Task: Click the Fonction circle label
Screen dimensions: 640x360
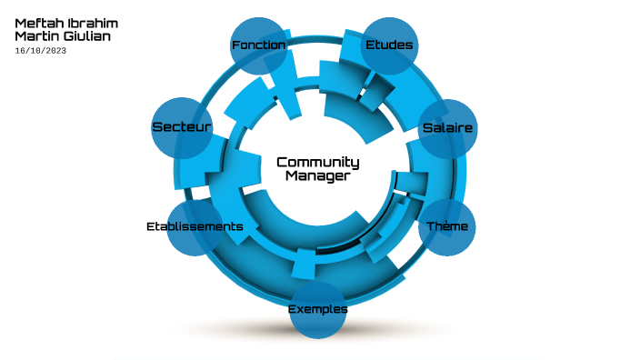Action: pyautogui.click(x=258, y=45)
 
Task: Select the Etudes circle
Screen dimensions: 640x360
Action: pyautogui.click(x=389, y=45)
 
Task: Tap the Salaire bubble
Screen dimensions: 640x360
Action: pyautogui.click(x=447, y=128)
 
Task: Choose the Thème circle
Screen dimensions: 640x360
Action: pyautogui.click(x=447, y=225)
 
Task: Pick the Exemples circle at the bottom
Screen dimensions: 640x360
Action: pyautogui.click(x=317, y=309)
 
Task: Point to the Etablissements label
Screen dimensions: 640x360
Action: pyautogui.click(x=195, y=225)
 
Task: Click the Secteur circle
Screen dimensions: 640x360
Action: pyautogui.click(x=182, y=127)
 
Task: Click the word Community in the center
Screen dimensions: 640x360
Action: pyautogui.click(x=317, y=163)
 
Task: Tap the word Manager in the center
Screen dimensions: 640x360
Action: pyautogui.click(x=317, y=176)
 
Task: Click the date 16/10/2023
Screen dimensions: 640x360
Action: pyautogui.click(x=40, y=51)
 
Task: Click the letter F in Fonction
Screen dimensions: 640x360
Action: pyautogui.click(x=235, y=45)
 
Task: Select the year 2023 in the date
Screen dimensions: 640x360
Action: pyautogui.click(x=55, y=51)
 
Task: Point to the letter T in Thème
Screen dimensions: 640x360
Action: pyautogui.click(x=431, y=225)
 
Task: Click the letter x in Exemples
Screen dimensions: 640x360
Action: pyautogui.click(x=299, y=309)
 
